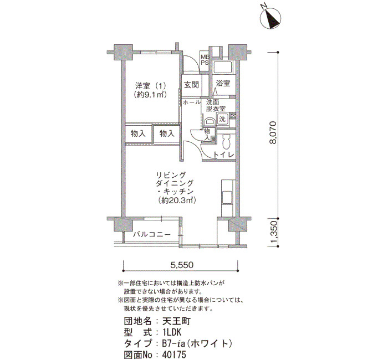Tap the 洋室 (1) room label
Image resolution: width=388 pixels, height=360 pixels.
point(150,86)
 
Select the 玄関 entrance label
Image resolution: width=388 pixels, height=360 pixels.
point(191,85)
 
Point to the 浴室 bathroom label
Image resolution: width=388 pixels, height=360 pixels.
point(223,83)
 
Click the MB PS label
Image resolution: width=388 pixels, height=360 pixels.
point(205,60)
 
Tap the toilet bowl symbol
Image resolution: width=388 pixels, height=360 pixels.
point(226,141)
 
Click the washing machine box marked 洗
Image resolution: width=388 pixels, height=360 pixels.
point(222,119)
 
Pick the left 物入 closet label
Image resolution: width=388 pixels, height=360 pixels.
point(138,134)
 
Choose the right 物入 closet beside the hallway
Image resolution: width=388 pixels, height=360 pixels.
point(166,134)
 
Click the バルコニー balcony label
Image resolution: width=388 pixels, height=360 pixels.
point(152,234)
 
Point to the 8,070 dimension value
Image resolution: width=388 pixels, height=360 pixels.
point(273,132)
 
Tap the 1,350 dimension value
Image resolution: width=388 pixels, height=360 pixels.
point(273,232)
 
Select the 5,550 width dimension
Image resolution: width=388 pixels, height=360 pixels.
point(182,265)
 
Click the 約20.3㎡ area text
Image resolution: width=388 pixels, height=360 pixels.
point(177,200)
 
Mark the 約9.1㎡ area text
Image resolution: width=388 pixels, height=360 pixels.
point(150,95)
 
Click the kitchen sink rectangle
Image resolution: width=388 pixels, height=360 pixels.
point(226,197)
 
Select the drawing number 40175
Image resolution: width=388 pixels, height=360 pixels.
point(174,354)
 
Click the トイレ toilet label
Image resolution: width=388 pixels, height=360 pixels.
point(224,155)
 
